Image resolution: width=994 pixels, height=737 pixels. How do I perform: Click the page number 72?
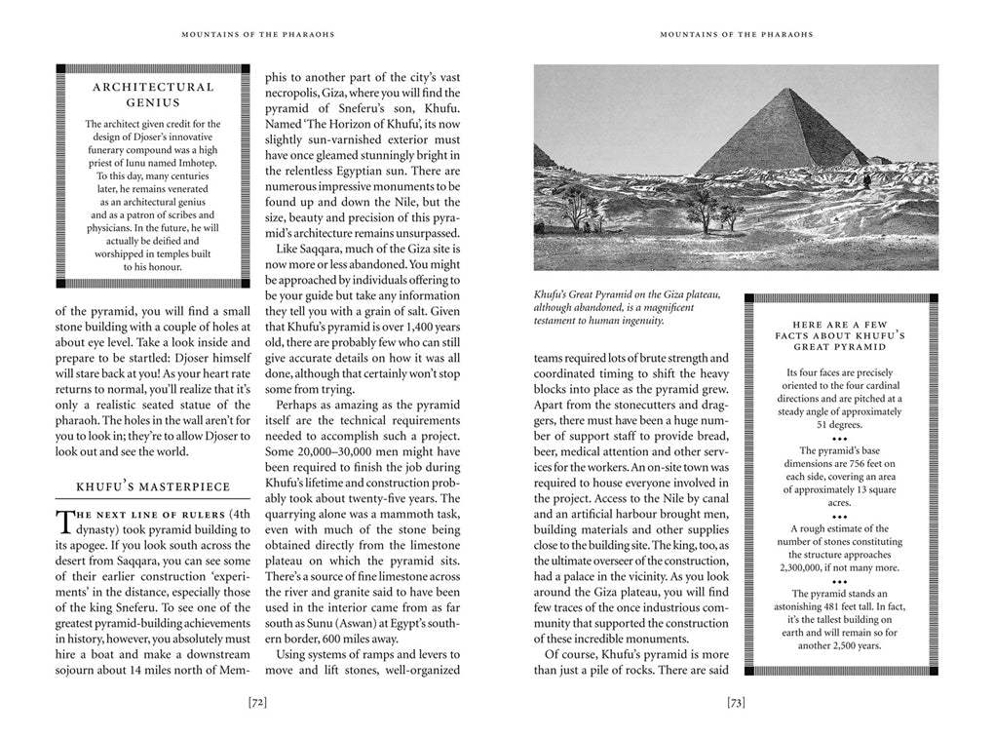(258, 701)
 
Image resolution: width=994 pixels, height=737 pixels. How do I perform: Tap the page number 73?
(736, 701)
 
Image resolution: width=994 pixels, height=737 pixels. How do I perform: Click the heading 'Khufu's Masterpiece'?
(153, 485)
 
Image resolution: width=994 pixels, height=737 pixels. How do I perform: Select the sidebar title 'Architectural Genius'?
(152, 94)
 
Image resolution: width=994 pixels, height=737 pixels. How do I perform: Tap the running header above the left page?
(258, 35)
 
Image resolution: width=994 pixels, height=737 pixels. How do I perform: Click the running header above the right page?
(736, 35)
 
